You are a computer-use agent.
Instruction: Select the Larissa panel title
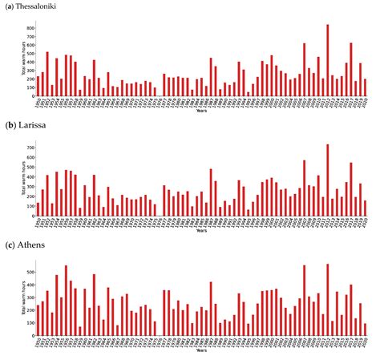tap(27, 127)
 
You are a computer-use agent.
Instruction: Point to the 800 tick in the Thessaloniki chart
tap(30, 28)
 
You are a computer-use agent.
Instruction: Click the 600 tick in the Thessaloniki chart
tap(30, 45)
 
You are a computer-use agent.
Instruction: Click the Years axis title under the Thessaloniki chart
tap(201, 111)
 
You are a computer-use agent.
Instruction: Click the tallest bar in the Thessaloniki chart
tap(328, 59)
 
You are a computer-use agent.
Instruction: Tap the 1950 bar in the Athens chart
tap(38, 320)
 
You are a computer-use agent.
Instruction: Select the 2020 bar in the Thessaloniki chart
tap(365, 87)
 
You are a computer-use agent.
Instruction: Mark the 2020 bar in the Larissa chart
tap(365, 208)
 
